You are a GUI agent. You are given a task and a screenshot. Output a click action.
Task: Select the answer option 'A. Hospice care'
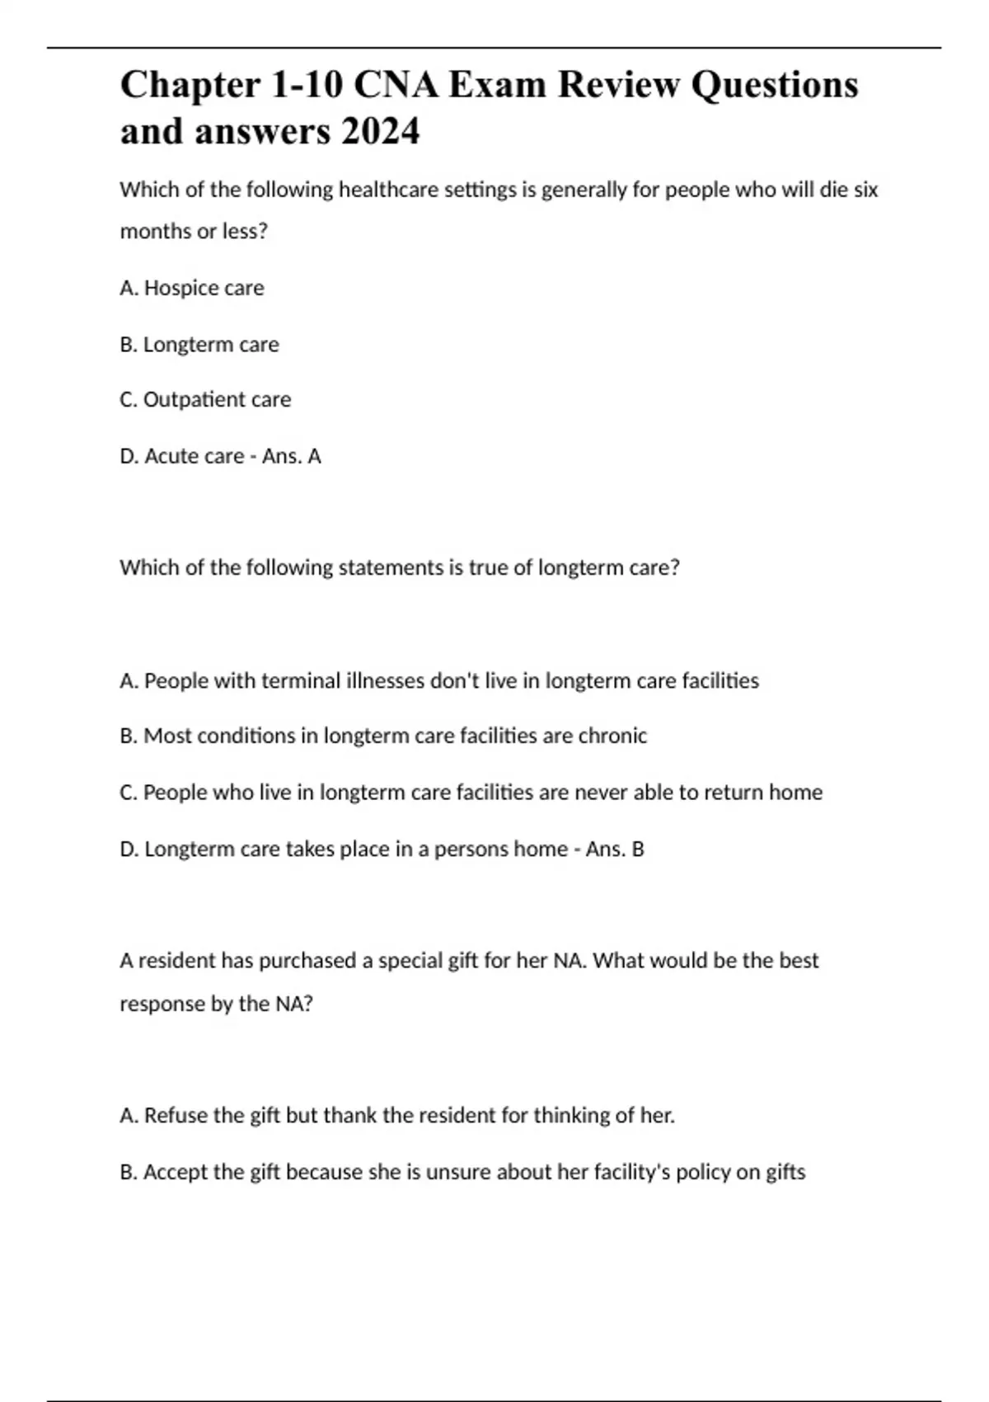click(x=192, y=288)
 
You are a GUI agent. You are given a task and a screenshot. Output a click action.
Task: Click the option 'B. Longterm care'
click(x=199, y=344)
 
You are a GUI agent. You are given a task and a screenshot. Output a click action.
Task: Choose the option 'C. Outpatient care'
click(x=205, y=400)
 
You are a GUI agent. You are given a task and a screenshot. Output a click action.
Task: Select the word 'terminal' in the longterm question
click(x=294, y=681)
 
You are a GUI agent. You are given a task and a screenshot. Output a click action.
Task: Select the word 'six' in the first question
click(x=865, y=190)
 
